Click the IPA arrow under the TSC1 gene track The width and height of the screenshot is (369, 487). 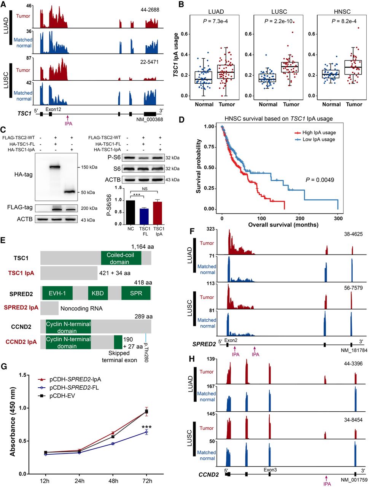coord(67,119)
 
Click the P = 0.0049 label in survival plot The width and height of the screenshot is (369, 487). coord(320,180)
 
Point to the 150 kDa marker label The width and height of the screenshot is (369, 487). coord(88,167)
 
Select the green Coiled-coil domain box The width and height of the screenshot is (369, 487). coord(121,258)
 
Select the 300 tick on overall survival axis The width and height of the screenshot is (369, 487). coord(338,218)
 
